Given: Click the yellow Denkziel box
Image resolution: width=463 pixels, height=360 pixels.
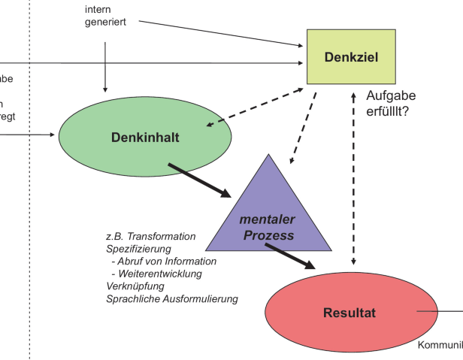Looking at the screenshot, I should click(x=350, y=58).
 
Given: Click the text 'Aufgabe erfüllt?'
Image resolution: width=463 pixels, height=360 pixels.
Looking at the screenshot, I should click(x=391, y=104).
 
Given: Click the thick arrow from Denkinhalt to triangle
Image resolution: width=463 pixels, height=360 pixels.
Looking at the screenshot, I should click(x=200, y=180).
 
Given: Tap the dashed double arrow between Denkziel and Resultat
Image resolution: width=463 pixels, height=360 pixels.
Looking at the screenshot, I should click(x=355, y=180).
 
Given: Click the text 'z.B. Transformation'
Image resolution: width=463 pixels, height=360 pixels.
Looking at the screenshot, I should click(x=151, y=236).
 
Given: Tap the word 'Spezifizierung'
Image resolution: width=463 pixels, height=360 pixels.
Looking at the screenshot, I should click(x=139, y=249).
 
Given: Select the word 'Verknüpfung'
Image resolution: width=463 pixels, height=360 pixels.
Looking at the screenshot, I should click(x=135, y=286).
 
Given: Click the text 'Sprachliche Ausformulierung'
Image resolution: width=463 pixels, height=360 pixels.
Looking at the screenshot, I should click(x=172, y=298).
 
